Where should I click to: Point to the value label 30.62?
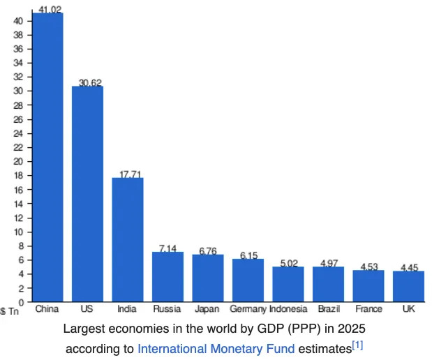pos(90,82)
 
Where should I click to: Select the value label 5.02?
pos(288,263)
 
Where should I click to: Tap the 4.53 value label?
pos(368,267)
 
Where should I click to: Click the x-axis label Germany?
pos(248,308)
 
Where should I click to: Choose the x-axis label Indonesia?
pos(288,308)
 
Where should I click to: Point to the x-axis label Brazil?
pos(328,308)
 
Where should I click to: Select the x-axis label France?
pos(368,308)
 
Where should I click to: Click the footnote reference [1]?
pos(357,345)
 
